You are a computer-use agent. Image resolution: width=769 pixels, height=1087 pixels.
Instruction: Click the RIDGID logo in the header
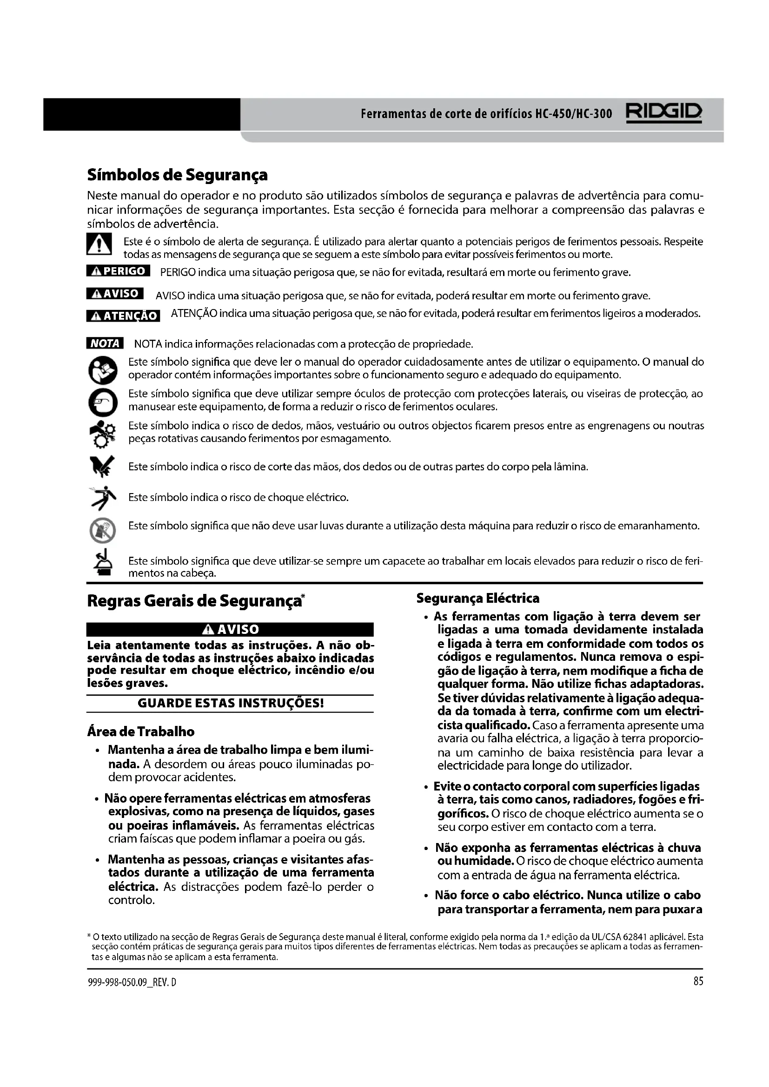point(664,113)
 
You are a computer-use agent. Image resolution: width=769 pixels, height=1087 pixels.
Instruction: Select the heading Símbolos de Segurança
point(177,175)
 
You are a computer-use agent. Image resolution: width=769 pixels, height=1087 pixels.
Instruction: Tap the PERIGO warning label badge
point(119,271)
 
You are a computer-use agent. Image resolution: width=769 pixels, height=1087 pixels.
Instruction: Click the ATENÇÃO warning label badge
point(123,315)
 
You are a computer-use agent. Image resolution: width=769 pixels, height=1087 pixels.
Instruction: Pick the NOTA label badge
point(105,343)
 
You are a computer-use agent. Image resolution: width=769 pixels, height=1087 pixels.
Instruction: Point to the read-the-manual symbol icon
point(102,370)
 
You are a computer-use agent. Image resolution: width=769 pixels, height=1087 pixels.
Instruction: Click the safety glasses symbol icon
point(102,402)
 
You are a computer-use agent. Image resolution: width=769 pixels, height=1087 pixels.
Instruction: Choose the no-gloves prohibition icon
point(102,530)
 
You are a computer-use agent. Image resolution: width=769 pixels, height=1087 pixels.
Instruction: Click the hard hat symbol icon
point(102,562)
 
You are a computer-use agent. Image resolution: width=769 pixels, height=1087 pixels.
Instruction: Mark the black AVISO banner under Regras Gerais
point(230,629)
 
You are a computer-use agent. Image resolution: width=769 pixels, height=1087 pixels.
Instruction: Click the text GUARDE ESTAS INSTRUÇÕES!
point(231,703)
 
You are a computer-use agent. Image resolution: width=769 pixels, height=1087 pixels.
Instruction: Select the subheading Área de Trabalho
point(140,731)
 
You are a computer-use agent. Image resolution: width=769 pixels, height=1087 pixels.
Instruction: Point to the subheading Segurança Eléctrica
point(478,599)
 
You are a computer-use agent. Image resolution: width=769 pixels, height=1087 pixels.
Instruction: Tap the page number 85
point(698,982)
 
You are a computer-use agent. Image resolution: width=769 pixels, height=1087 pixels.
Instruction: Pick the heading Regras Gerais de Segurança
point(194,601)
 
